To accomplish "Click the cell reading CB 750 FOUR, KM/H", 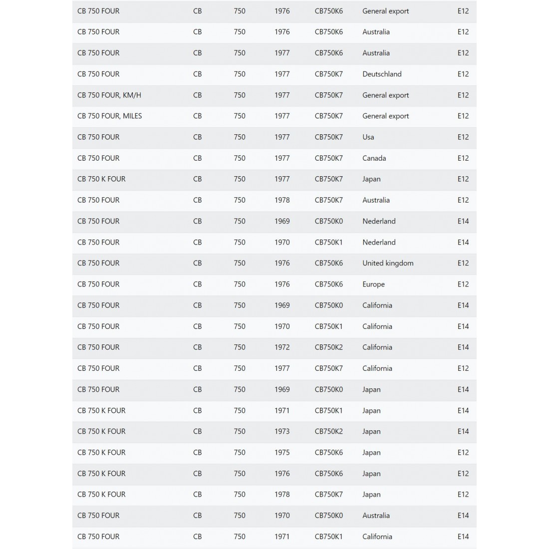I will [109, 95].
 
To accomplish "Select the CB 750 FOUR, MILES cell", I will [110, 116].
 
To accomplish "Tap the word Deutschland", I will [382, 74].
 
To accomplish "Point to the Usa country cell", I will [368, 137].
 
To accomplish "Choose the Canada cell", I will [374, 158].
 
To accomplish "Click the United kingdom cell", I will [388, 263].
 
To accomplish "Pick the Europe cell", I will [373, 284].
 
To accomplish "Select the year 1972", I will [282, 347].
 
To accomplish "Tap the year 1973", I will [282, 431].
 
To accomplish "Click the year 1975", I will [282, 452].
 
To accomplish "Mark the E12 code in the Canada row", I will [463, 158].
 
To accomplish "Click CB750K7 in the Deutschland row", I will [329, 74].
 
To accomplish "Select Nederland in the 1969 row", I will [379, 221].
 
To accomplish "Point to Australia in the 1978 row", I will [376, 200].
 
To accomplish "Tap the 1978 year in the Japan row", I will [282, 494].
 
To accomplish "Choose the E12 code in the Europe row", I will [463, 284].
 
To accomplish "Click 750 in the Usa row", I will [240, 137].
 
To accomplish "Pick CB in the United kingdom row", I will [198, 263].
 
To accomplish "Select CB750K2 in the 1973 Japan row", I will [329, 431].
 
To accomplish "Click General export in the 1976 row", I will [385, 11].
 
